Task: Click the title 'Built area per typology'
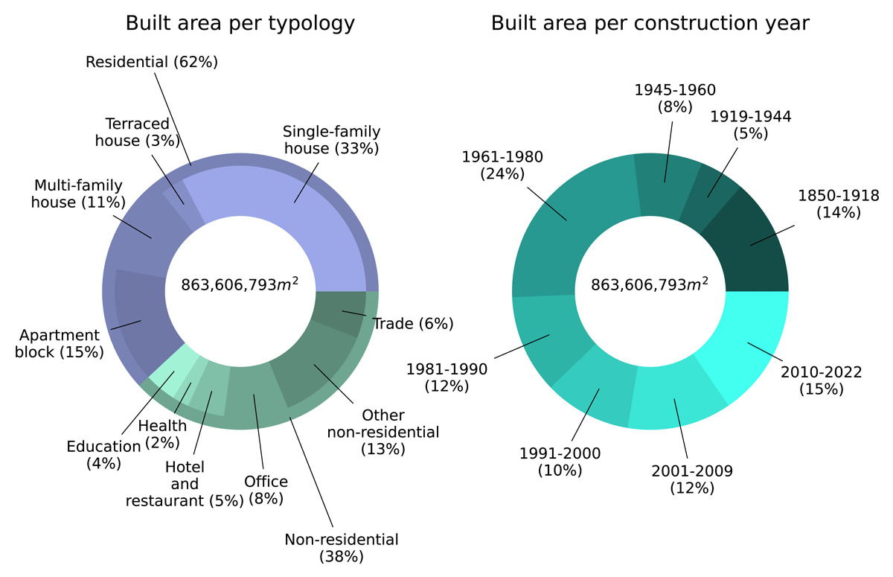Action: tap(240, 24)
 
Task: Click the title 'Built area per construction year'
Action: tap(650, 24)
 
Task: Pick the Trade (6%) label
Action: tap(413, 324)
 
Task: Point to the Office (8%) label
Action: tap(266, 490)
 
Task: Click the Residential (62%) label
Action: tap(151, 62)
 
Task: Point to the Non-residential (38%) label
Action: tap(342, 547)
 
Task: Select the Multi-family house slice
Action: tap(141, 235)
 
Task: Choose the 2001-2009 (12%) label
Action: tap(692, 479)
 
